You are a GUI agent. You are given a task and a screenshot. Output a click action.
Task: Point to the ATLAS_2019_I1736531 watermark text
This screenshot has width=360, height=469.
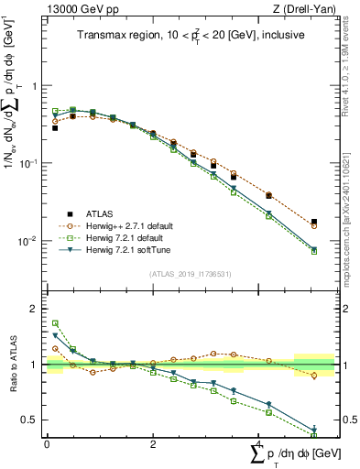coord(190,274)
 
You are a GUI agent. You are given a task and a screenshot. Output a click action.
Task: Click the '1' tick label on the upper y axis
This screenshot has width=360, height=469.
coord(35,86)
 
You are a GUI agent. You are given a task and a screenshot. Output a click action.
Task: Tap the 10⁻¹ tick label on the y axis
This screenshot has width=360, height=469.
coord(29,163)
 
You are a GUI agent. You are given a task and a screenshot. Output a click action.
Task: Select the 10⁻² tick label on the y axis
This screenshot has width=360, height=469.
coord(29,241)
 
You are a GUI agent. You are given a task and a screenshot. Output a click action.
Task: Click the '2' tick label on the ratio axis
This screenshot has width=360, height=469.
coord(35,310)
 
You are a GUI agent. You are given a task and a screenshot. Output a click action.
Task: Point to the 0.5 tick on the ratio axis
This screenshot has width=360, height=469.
coord(31,420)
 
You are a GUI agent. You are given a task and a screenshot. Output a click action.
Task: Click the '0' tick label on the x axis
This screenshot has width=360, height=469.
coord(47,444)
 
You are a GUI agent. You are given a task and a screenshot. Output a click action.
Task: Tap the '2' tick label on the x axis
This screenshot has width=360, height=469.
coord(153,444)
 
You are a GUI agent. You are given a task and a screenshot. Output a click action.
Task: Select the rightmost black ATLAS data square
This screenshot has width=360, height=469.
coord(314,222)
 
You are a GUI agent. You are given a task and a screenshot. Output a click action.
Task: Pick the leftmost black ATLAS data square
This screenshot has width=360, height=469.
coord(55,128)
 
